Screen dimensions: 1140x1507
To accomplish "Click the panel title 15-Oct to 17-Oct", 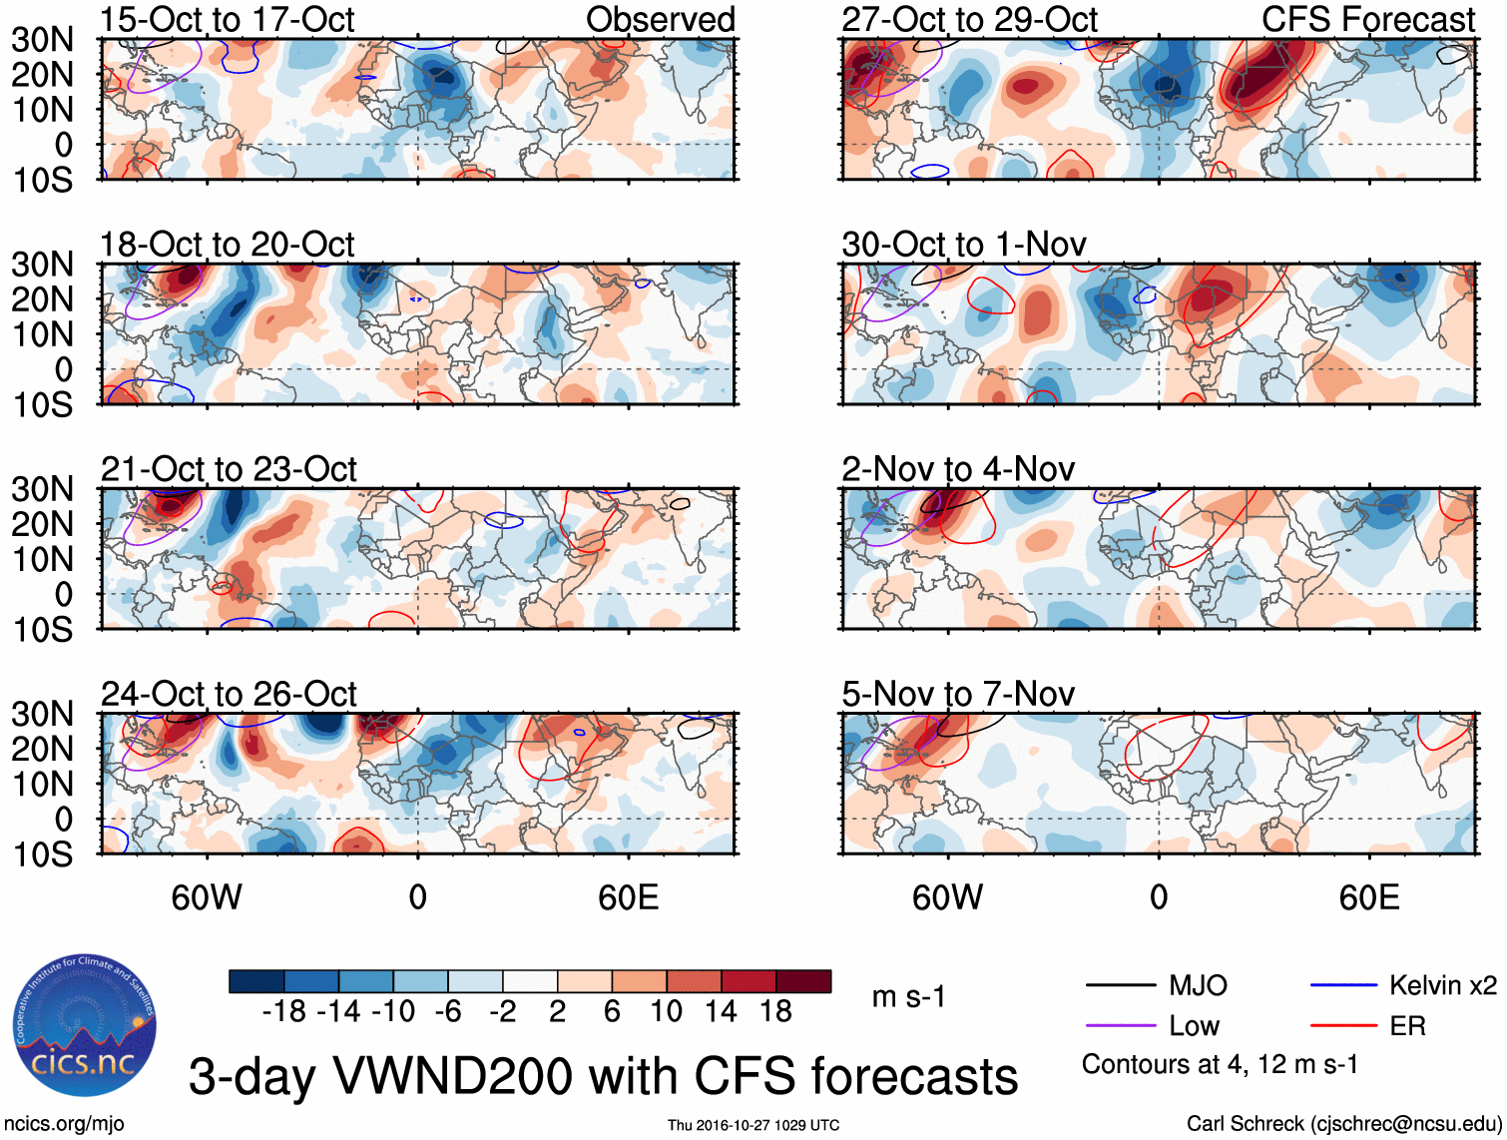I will click(227, 19).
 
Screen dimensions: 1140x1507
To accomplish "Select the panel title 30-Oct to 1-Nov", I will click(964, 245).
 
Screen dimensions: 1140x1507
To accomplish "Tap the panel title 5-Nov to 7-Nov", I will click(958, 694).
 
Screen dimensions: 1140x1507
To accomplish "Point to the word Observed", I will click(661, 19).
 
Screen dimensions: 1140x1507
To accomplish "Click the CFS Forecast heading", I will click(1368, 19).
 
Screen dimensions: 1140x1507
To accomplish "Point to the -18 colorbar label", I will click(284, 1011).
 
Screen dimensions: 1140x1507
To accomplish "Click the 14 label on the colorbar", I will click(721, 1011).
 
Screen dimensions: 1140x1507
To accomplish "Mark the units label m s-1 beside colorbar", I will click(908, 997).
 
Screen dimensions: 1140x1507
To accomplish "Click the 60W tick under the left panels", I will click(207, 897).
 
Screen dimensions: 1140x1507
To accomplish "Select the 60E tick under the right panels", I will click(1369, 897).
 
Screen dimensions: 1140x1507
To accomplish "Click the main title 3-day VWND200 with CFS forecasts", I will click(603, 1076).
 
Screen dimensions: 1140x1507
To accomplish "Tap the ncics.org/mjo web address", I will click(64, 1124).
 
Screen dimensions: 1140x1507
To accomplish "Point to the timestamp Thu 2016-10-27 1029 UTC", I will click(753, 1125).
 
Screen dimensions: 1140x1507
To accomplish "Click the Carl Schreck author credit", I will click(1343, 1124).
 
